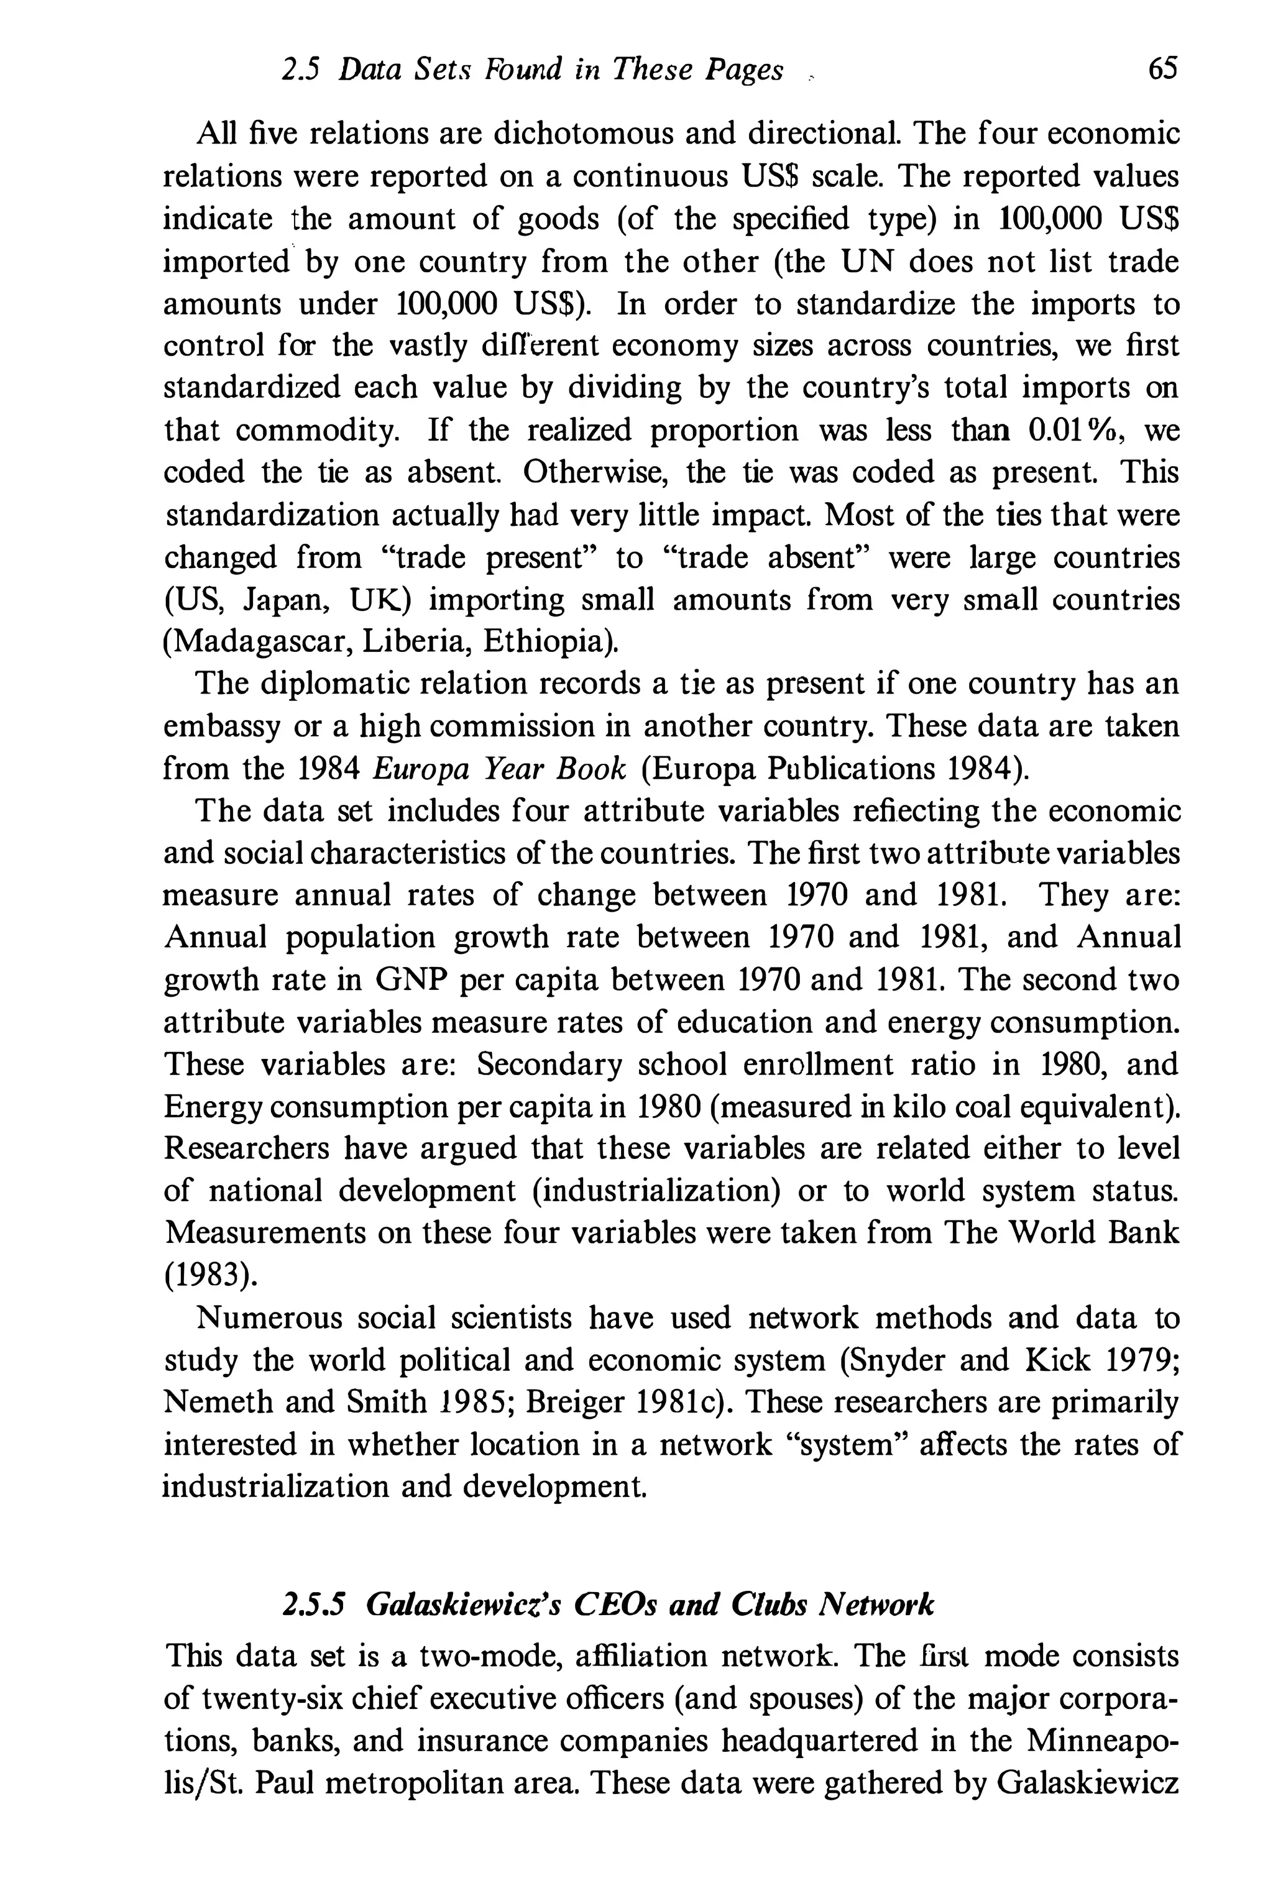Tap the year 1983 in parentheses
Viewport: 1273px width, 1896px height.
pos(210,1275)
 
